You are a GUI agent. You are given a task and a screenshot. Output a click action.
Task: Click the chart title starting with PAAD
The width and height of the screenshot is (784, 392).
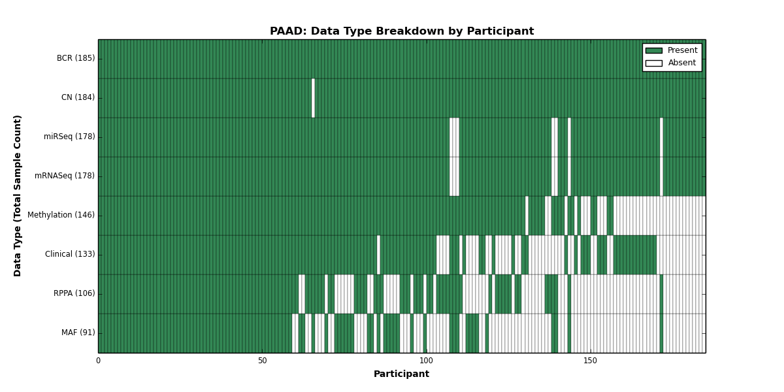402,31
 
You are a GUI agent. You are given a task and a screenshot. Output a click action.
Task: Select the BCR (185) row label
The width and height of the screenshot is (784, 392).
76,58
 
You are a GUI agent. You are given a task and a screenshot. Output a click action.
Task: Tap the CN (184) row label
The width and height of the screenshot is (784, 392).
78,97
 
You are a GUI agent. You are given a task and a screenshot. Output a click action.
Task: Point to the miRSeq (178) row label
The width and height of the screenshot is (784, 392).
69,137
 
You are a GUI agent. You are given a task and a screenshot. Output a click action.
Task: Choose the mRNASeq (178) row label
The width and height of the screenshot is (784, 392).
65,176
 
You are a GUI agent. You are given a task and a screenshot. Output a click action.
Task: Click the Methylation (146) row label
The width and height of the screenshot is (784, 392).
61,215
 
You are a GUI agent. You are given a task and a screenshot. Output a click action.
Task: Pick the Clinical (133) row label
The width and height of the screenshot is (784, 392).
70,254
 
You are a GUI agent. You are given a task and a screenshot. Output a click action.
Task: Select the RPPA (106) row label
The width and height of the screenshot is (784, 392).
74,293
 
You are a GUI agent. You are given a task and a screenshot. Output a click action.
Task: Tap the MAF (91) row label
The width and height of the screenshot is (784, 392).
78,333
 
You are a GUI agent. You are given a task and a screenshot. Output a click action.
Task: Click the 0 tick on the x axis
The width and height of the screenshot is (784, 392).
99,361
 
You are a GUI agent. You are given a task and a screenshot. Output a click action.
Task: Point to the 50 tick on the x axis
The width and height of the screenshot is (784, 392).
263,361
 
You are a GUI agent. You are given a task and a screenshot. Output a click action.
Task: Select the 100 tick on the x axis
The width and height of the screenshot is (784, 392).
426,361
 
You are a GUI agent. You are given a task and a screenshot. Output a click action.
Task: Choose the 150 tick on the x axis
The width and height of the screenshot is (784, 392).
591,361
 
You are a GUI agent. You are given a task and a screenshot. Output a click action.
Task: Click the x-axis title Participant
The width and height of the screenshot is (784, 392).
401,374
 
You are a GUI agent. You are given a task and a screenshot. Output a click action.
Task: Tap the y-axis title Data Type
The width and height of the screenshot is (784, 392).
17,196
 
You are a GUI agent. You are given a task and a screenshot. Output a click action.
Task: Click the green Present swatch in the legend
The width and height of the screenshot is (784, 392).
654,51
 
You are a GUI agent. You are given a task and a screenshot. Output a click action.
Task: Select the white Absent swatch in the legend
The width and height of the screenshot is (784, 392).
654,63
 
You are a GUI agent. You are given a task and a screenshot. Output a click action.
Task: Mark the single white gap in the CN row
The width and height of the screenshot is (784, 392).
313,98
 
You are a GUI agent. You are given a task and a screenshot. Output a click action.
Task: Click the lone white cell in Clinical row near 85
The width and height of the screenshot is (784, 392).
378,255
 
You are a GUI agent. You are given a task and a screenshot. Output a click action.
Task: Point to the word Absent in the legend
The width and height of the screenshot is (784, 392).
682,63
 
